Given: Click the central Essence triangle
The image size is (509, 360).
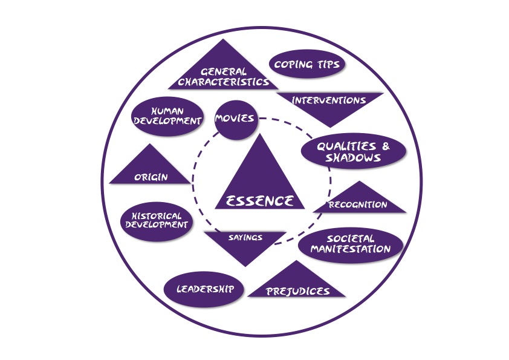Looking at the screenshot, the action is coord(260,182).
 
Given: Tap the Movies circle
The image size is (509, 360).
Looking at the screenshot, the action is coord(236,120).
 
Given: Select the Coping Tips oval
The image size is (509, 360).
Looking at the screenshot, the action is coord(306,64).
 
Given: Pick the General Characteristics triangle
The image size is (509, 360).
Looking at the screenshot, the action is coord(223,71).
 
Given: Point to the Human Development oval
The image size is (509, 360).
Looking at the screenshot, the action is coord(167,116).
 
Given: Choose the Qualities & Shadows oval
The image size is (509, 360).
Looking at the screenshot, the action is coord(354,151).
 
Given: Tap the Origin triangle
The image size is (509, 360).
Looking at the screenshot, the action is coord(150,169).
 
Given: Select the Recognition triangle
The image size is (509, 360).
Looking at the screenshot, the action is coord(359,200).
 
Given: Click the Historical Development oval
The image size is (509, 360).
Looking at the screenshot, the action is coord(157,221).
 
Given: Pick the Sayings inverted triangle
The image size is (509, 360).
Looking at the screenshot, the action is coord(245,244).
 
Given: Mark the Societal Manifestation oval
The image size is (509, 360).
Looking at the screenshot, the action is coord(351,245).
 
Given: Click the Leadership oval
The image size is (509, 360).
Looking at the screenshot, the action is coord(204,289).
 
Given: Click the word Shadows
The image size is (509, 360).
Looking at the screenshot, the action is coord(353,157).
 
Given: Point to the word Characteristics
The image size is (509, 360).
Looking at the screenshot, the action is coord(224,82).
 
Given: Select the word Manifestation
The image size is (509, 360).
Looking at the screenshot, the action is coord(351,249).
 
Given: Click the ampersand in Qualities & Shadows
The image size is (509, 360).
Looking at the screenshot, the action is coord(386,146).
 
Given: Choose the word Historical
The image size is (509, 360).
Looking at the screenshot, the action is coord(157,216).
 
